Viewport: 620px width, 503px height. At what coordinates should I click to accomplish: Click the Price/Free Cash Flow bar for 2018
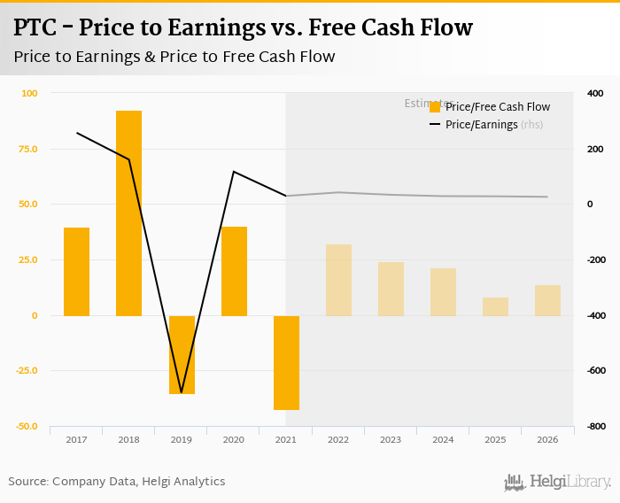coord(128,213)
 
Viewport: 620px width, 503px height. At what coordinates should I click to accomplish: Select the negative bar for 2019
coord(182,354)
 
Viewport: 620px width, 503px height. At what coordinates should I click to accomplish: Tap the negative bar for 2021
coord(286,362)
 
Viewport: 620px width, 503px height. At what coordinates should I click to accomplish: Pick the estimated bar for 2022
coord(338,280)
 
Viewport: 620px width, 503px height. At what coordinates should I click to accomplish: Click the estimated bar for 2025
coord(495,306)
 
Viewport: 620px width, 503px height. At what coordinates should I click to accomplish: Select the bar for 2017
coord(76,271)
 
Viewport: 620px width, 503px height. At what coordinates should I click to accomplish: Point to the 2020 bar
coord(234,271)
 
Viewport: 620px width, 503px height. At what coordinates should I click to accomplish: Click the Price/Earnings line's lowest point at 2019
coord(182,391)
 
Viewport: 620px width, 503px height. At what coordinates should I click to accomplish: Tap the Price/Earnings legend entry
coord(481,125)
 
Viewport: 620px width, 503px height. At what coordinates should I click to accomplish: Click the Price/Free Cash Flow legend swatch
coord(435,107)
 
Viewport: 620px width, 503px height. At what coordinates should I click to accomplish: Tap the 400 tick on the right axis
coord(594,93)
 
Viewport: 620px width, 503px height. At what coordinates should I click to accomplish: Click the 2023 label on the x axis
coord(391,439)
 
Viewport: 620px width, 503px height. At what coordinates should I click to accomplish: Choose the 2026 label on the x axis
coord(547,439)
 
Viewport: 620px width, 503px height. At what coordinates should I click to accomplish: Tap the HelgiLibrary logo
coord(557,482)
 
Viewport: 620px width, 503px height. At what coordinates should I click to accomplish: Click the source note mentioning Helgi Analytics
coord(116,482)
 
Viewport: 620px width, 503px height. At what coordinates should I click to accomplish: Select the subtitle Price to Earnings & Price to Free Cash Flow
coord(174,57)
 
